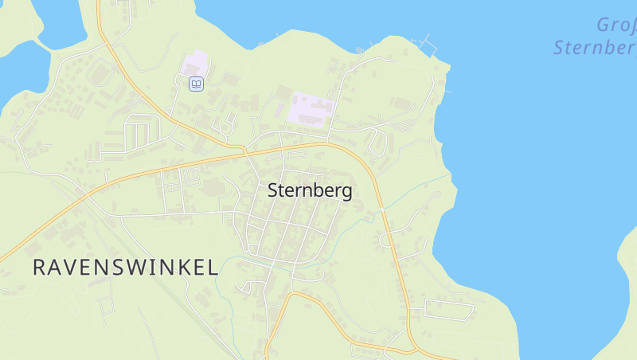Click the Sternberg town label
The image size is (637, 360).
pos(310,191)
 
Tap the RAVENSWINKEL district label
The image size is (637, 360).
pos(125,268)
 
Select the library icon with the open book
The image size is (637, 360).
pos(196,84)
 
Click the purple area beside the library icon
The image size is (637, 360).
pos(195,64)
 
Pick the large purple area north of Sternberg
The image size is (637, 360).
pos(311,108)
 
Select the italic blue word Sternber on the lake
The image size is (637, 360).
pos(594,47)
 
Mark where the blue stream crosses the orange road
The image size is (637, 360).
pos(382,209)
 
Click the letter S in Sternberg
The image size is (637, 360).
pos(273,191)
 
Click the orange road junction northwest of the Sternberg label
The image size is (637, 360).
pos(244,149)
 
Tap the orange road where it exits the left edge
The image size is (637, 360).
pos(2,258)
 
